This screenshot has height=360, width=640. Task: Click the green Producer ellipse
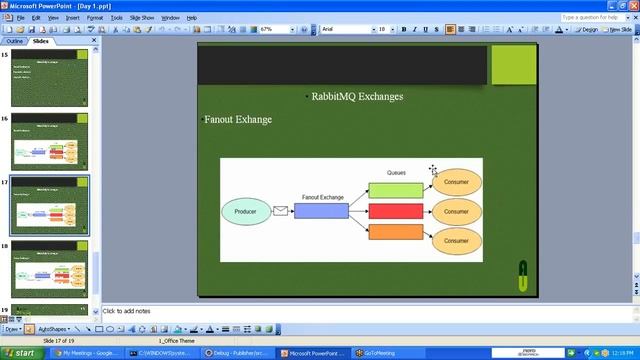coord(245,211)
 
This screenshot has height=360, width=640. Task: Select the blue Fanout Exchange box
coord(321,211)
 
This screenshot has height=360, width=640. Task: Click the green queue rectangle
coord(395,190)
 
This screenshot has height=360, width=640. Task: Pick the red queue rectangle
coord(395,211)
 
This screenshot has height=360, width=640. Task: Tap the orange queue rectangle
coord(395,232)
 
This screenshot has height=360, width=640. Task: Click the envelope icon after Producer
coord(280,211)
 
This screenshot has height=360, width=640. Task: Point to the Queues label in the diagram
coord(396,173)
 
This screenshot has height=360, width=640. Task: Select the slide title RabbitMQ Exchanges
coord(357,97)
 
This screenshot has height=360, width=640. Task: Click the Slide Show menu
coord(142,17)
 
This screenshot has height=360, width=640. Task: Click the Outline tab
coord(15,42)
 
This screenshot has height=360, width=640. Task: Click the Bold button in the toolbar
coord(403,29)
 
